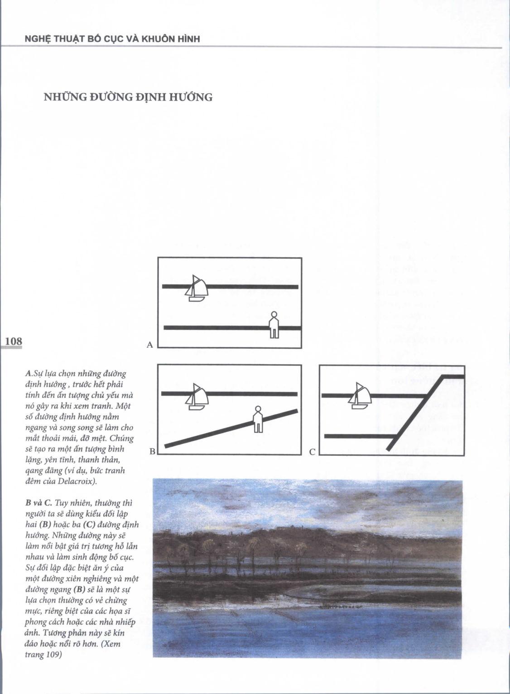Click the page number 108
pos(13,341)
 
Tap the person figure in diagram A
pos(274,326)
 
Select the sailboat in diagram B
pos(196,397)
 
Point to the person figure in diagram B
pos(258,420)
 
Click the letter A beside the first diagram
pos(150,345)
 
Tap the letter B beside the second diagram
pos(152,452)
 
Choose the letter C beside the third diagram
pos(312,452)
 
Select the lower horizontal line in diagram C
pos(358,436)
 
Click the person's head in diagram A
pos(274,314)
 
